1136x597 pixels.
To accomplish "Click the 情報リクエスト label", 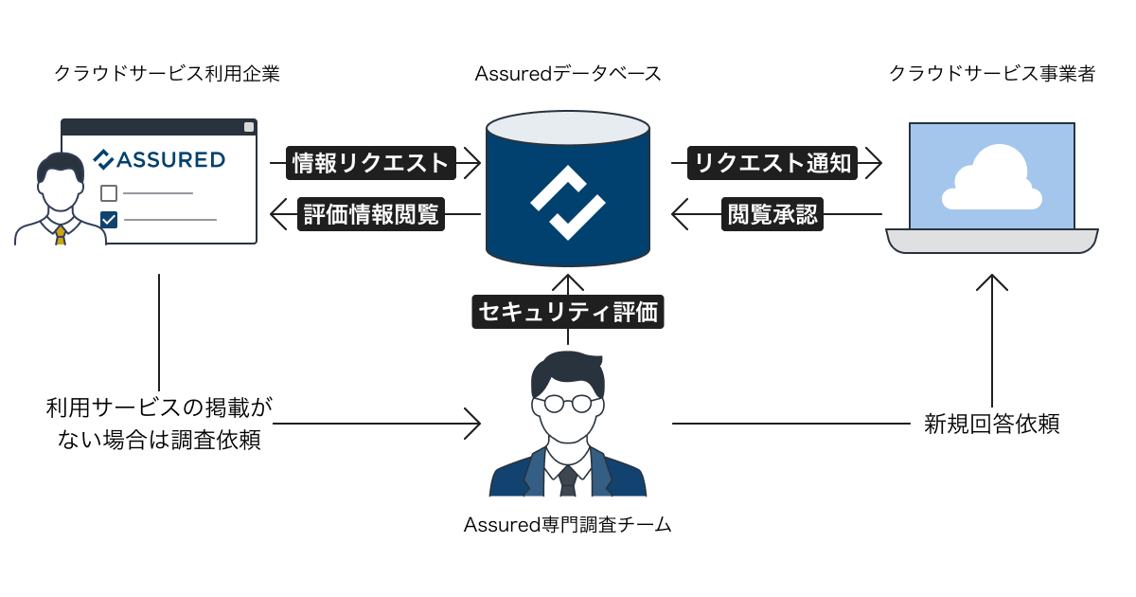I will point(371,163).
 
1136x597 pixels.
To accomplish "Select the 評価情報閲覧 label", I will point(371,214).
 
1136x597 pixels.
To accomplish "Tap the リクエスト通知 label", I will point(773,163).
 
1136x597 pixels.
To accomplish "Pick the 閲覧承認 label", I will point(773,214).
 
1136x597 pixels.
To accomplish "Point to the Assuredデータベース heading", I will point(567,74).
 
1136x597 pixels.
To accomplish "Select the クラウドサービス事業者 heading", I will point(991,74).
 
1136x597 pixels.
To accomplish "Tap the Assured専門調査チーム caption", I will point(567,524).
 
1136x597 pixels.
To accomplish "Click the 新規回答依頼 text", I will point(991,424).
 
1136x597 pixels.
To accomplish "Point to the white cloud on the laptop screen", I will point(991,180).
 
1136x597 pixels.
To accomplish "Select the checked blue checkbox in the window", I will point(109,220).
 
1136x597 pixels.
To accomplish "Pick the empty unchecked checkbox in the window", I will point(109,193).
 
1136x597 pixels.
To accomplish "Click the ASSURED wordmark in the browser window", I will point(160,159).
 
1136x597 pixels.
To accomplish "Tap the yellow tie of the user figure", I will point(61,235).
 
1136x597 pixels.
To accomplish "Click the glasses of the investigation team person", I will point(567,403).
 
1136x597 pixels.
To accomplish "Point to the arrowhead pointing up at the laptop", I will point(991,281).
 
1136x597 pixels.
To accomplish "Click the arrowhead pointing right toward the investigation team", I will point(472,424).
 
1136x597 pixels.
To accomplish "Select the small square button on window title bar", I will point(249,127).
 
